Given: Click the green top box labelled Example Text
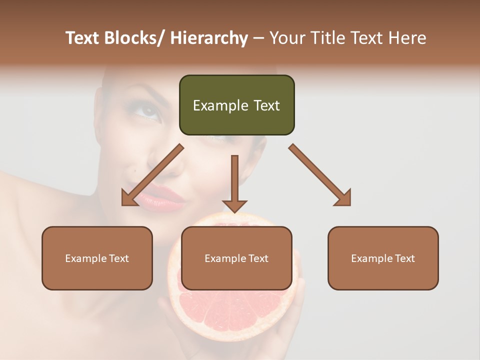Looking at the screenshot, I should [236, 105].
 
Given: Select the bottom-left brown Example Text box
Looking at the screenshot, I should [97, 258].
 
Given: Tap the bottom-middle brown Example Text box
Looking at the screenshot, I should [236, 258].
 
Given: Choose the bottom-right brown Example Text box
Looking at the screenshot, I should [383, 258].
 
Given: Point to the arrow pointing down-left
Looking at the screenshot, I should [152, 175].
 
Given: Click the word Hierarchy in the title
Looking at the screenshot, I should [208, 38].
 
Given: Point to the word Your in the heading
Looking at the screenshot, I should [286, 38].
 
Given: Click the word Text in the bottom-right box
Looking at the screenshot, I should [404, 258].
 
